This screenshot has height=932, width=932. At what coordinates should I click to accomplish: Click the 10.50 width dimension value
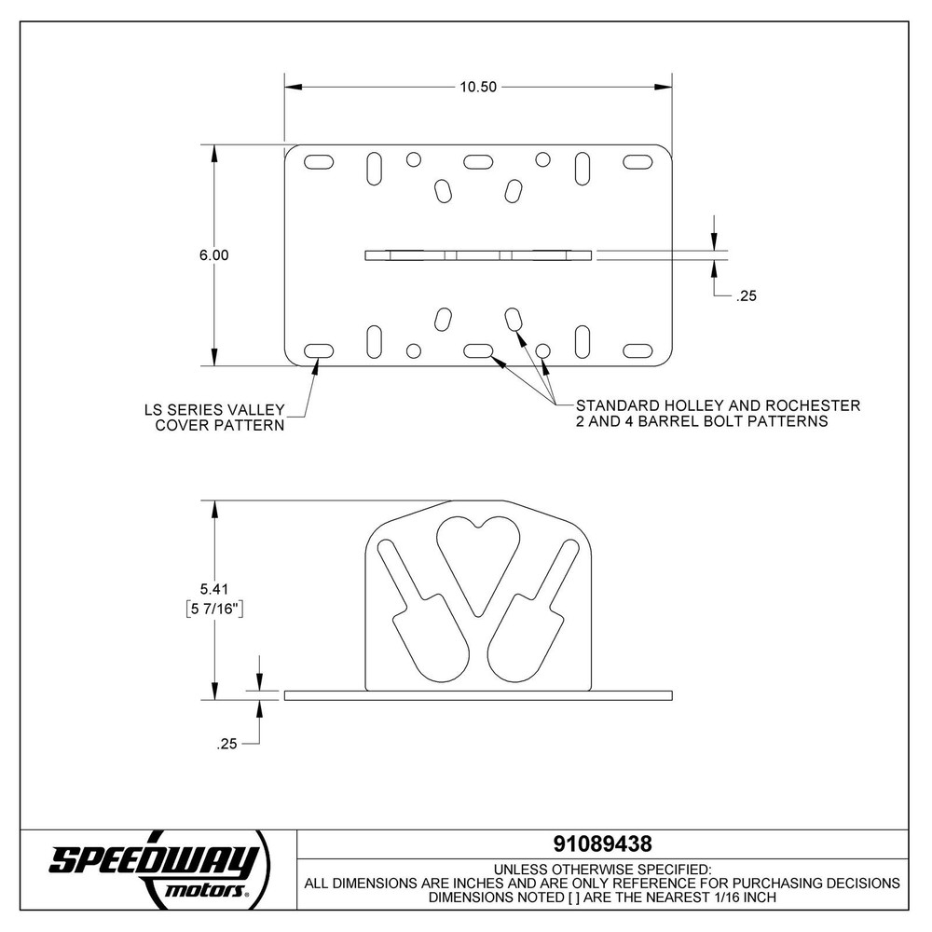point(478,87)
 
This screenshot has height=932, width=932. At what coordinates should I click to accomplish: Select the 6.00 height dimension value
point(213,254)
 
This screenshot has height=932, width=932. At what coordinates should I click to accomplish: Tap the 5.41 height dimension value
point(214,588)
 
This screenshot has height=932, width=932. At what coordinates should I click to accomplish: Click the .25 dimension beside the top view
point(746,296)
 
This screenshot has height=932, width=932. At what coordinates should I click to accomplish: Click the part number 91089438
point(601,844)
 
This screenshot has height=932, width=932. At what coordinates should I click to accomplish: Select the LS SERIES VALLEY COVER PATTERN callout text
point(213,417)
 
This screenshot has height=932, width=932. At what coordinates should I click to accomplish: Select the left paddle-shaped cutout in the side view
point(424,629)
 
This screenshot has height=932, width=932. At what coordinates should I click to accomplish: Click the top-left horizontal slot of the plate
point(319,162)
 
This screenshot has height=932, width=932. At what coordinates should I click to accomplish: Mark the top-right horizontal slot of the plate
point(637,162)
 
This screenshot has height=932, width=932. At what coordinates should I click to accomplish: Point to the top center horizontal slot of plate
point(478,162)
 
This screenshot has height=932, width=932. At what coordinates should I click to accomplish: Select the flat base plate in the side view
point(478,695)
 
